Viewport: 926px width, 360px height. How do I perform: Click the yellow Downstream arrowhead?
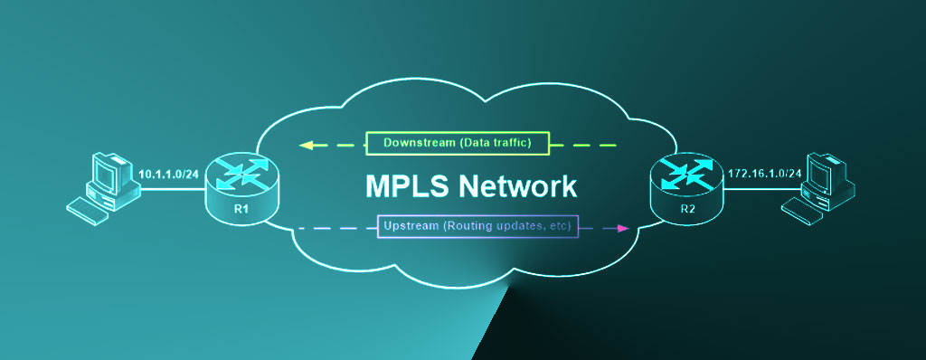[x=307, y=144]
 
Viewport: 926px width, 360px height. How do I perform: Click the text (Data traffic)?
[x=497, y=143]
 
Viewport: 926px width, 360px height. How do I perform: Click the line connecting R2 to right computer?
[x=755, y=191]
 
